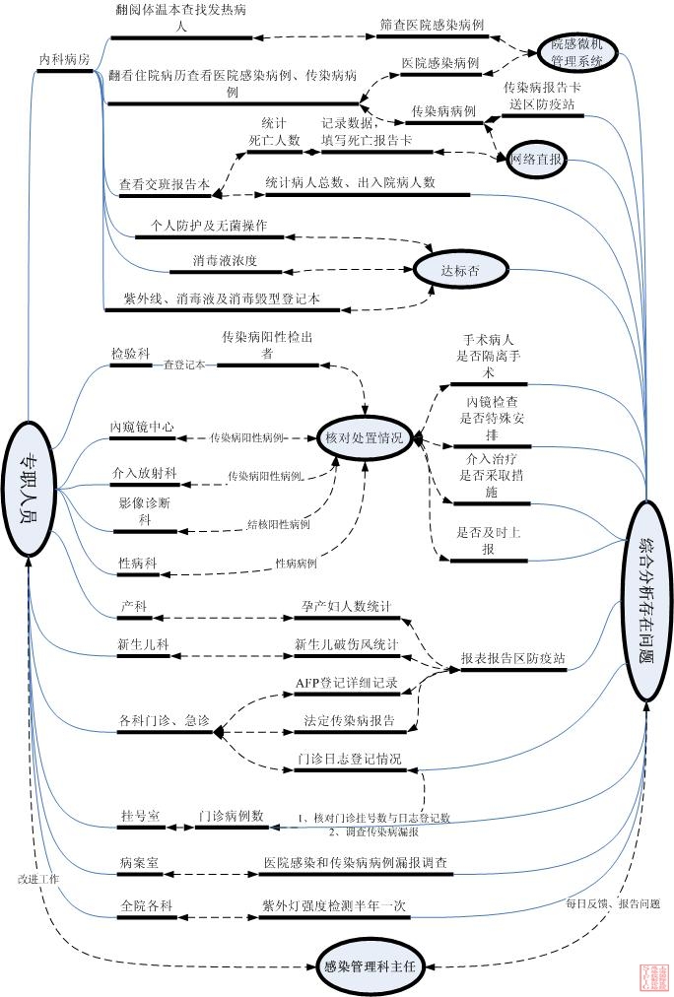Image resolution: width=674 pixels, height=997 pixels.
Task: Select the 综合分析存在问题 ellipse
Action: coord(646,587)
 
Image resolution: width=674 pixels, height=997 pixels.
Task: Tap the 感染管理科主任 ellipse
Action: coord(369,965)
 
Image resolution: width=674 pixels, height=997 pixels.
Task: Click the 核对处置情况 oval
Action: coord(364,437)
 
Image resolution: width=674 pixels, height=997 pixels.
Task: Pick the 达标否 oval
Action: coord(459,268)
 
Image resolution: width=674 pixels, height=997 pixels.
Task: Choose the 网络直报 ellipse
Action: coord(537,158)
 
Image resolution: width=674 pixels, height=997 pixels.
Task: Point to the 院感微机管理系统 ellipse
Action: coord(582,51)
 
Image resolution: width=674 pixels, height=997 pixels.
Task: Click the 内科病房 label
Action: coord(65,61)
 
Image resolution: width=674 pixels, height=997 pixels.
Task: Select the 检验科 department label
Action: coord(130,353)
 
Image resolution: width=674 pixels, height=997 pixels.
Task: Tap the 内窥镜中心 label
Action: coord(142,427)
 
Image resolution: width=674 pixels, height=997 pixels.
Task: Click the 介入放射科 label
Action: coord(144,474)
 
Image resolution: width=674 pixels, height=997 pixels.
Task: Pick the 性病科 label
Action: coord(137,563)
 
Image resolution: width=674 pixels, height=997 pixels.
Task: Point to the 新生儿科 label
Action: coord(143,645)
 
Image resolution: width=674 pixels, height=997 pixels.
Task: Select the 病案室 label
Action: coord(140,863)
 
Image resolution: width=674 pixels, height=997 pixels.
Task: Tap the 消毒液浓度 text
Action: coord(226,261)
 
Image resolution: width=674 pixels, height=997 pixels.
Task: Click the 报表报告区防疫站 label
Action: coord(513,660)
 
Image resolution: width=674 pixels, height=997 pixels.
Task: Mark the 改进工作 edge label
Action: coord(38,877)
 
